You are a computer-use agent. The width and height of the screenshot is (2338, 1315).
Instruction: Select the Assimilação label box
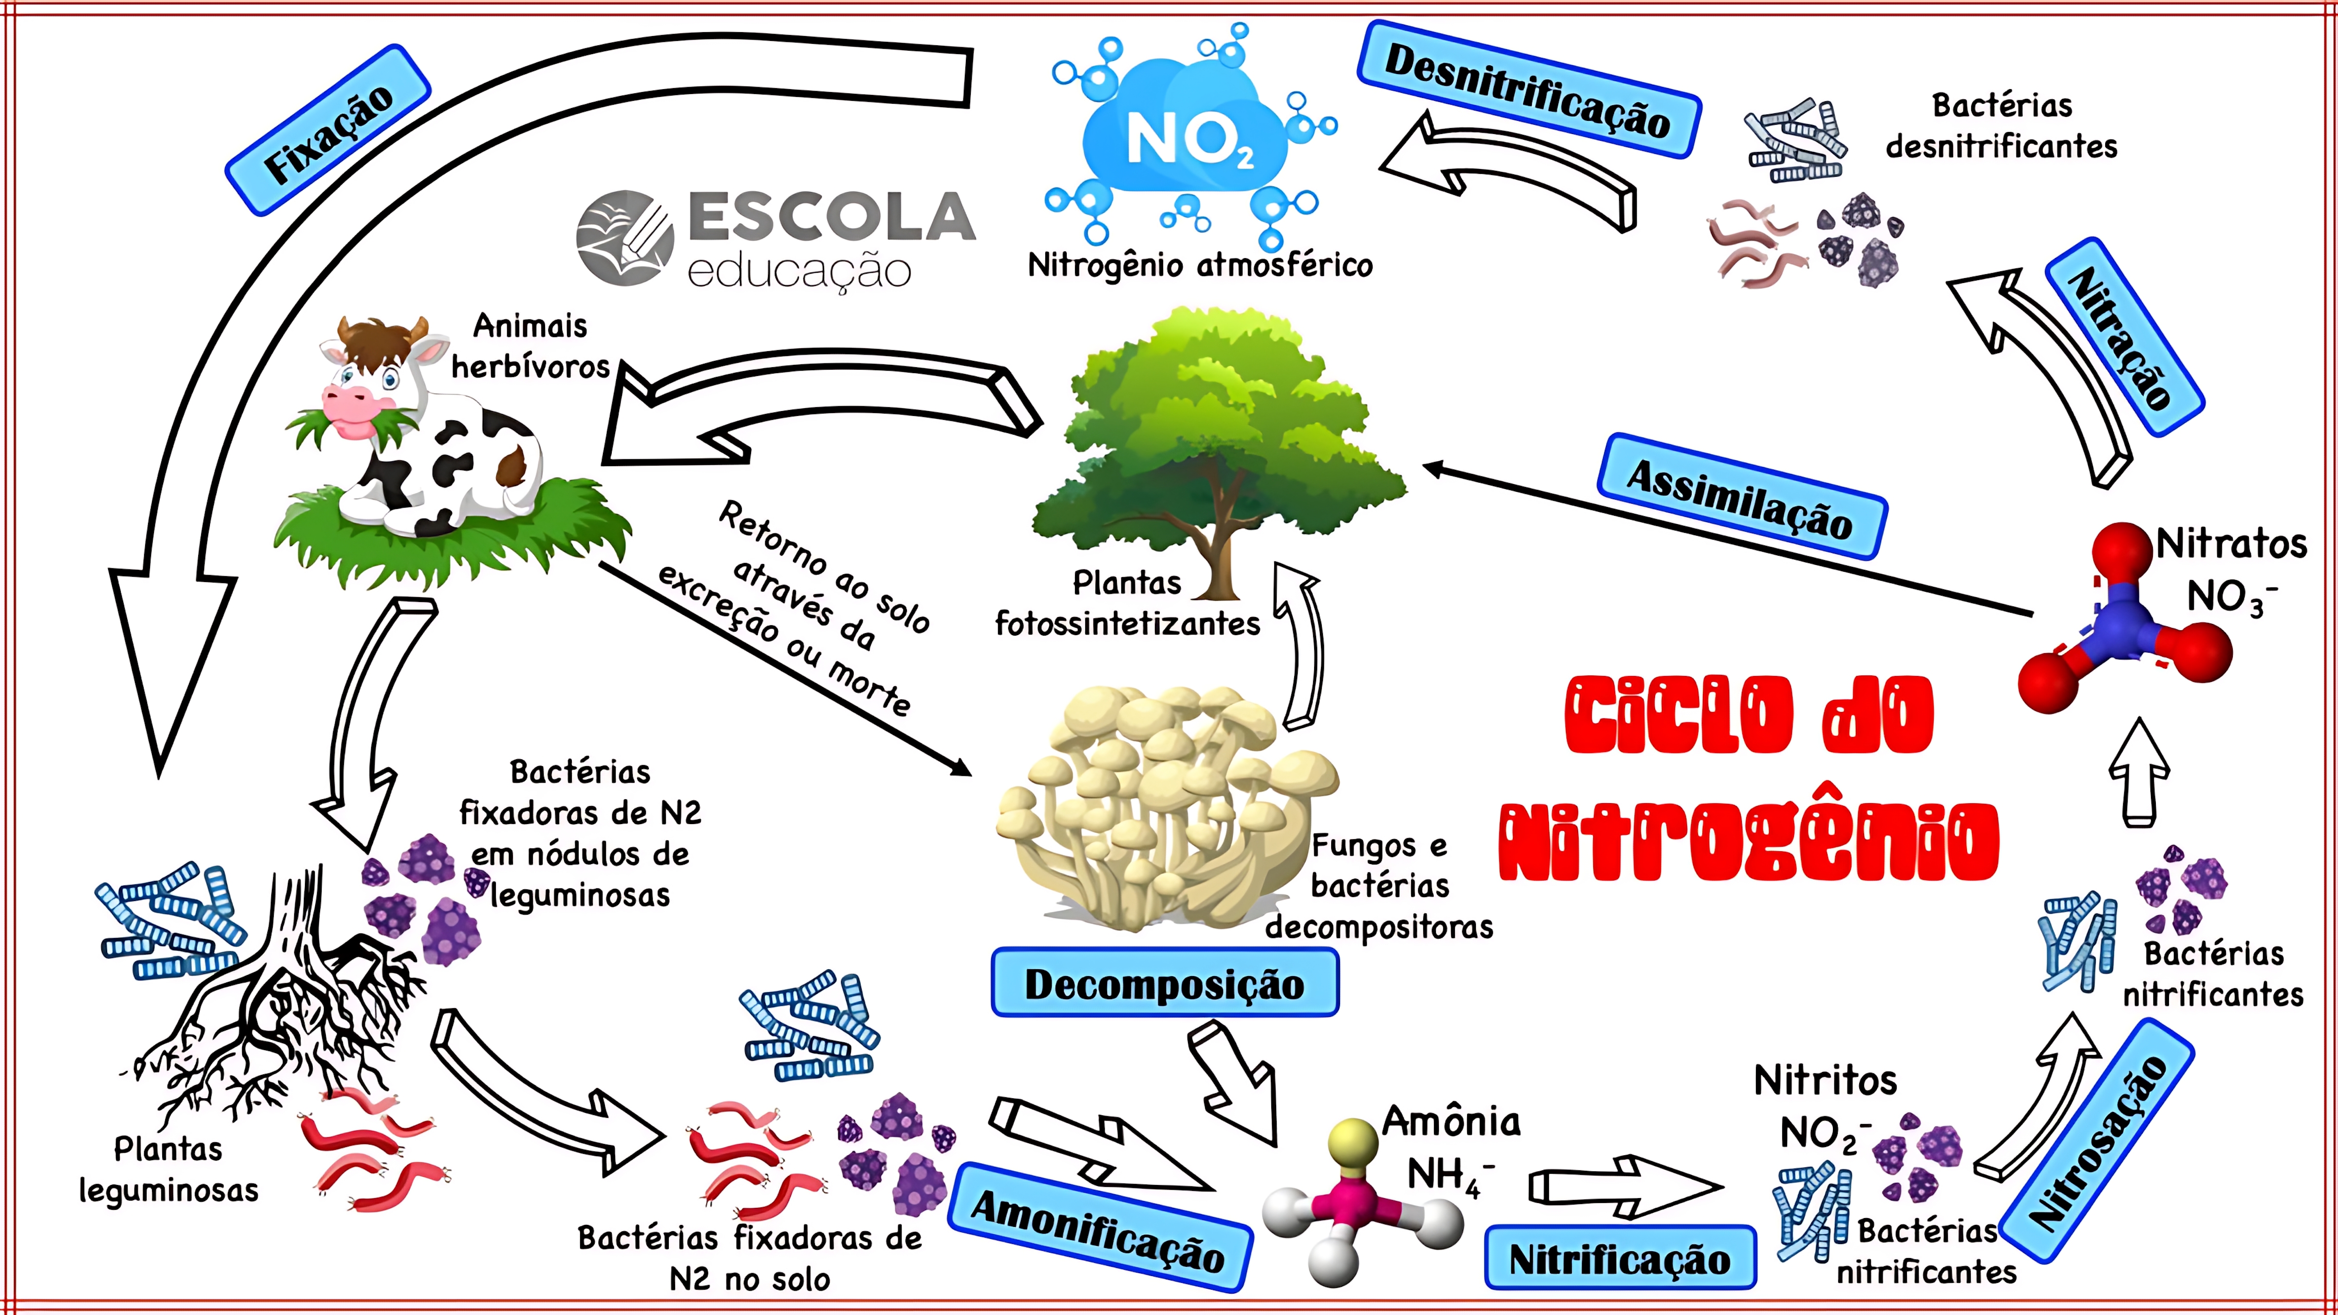point(1741,495)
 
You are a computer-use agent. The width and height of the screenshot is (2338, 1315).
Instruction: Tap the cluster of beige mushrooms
point(1162,808)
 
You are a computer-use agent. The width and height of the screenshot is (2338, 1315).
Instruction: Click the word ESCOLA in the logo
point(830,218)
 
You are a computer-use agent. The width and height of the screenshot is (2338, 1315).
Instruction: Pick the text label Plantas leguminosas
point(168,1169)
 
